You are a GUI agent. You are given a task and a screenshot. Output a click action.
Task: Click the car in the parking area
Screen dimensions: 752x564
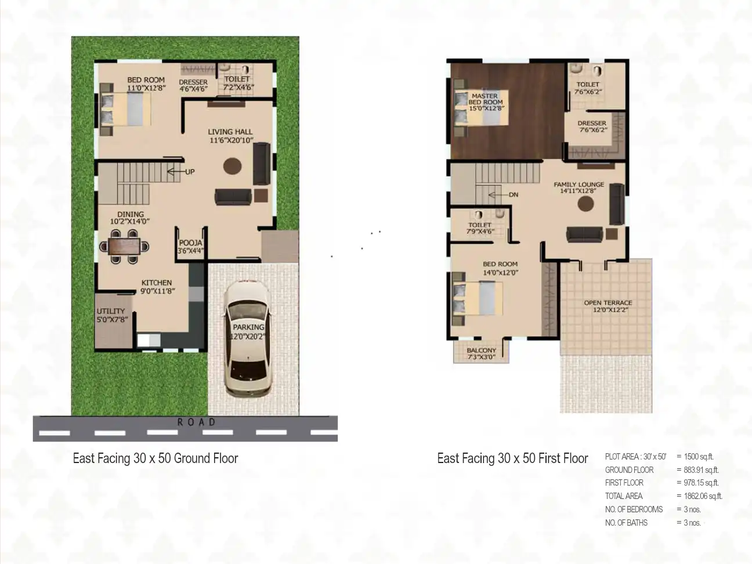(248, 339)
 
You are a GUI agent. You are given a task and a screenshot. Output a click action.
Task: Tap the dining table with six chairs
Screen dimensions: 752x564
(124, 247)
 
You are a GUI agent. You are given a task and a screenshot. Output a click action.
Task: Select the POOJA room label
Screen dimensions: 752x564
(190, 243)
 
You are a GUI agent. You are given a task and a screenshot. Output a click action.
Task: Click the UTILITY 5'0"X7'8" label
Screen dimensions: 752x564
(112, 315)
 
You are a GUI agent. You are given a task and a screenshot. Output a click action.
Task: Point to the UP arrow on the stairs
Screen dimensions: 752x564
(175, 171)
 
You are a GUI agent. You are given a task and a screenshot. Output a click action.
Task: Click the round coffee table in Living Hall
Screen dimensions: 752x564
(232, 166)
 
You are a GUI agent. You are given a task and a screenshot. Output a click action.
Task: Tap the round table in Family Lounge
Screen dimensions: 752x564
(585, 204)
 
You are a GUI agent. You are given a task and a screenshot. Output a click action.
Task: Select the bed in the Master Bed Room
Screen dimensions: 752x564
(482, 108)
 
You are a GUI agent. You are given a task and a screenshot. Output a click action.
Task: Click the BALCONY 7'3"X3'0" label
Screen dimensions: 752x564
(482, 354)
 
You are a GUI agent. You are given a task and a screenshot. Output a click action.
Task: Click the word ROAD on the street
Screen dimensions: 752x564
(196, 422)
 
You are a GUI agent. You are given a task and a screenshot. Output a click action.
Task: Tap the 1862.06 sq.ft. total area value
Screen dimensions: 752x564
(703, 496)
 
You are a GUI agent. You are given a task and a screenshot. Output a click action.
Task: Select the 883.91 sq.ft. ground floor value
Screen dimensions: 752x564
(702, 470)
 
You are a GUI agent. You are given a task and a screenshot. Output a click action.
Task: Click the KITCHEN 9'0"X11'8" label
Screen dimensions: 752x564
(157, 287)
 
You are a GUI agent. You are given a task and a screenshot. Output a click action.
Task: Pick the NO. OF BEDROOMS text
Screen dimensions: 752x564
(634, 509)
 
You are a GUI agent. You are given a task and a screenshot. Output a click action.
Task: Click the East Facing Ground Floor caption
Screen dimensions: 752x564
(155, 458)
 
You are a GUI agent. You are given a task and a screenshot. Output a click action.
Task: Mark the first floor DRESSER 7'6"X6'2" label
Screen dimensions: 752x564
(592, 126)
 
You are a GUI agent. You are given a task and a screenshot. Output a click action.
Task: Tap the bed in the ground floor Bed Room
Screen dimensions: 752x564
(125, 109)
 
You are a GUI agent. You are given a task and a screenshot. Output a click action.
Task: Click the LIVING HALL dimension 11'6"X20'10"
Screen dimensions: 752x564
(232, 140)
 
